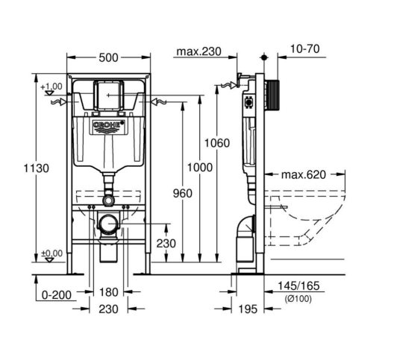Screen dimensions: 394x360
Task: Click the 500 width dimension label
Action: click(108, 57)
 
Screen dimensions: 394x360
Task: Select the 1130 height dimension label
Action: click(37, 168)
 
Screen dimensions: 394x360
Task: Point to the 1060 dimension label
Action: click(217, 143)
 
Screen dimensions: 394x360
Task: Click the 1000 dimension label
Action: click(200, 168)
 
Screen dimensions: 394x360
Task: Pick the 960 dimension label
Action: click(183, 193)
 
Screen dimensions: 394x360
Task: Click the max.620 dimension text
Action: click(304, 174)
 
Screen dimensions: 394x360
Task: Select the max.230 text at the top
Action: click(198, 51)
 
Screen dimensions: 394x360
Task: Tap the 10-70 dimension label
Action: click(305, 48)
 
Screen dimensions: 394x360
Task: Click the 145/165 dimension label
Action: click(298, 285)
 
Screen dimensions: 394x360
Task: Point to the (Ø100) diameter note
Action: click(298, 299)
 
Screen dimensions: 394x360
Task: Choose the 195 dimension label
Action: click(248, 309)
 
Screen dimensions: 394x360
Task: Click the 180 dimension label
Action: click(108, 292)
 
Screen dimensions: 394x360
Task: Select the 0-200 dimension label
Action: click(57, 294)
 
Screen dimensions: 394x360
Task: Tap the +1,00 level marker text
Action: click(51, 86)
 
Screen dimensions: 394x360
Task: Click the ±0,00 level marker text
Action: click(51, 253)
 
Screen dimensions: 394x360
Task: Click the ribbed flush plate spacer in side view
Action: click(272, 95)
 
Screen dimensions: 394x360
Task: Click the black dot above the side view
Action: click(264, 57)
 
